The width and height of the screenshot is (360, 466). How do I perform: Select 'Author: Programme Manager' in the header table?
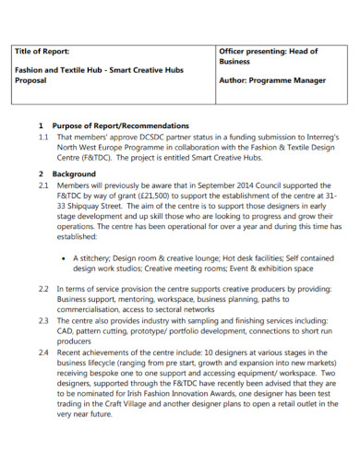(271, 80)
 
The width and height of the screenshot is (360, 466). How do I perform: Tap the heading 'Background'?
(74, 173)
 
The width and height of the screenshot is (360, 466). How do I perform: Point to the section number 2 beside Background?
(41, 173)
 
